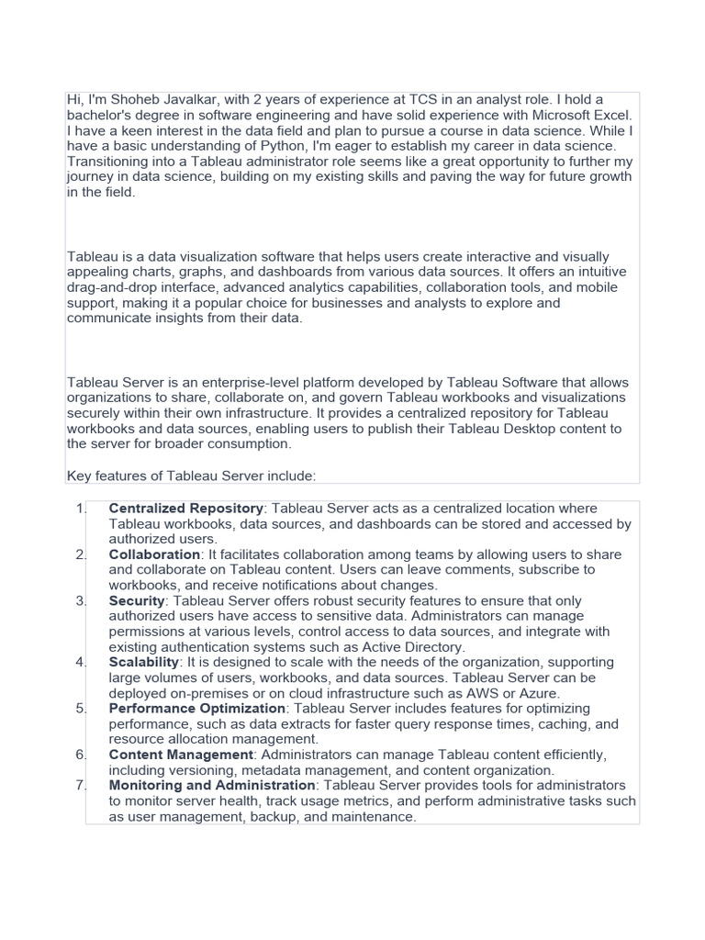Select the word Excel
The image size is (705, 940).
coord(611,115)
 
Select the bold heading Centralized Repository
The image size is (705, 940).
coord(186,509)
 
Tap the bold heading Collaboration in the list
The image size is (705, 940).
coord(154,554)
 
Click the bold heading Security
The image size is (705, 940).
coord(137,600)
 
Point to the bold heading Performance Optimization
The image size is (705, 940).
coord(197,709)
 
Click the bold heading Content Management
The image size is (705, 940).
coord(181,755)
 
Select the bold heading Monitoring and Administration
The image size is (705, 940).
coord(212,786)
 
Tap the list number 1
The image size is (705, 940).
coord(79,509)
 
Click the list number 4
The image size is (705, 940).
coord(79,662)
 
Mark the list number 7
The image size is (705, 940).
coord(79,786)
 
